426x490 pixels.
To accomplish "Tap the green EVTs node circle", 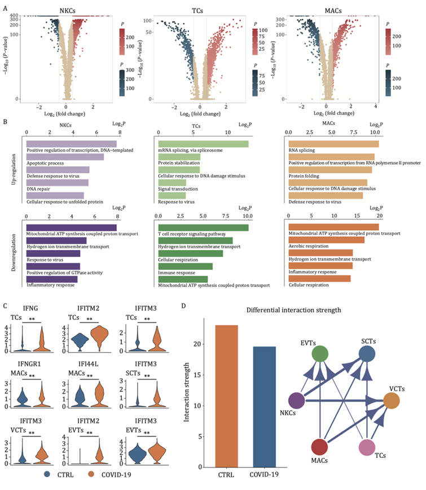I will tap(320, 354).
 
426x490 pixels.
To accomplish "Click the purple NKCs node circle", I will tap(297, 400).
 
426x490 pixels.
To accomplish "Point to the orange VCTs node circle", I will tap(393, 400).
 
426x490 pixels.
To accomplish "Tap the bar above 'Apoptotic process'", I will tap(65, 157).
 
